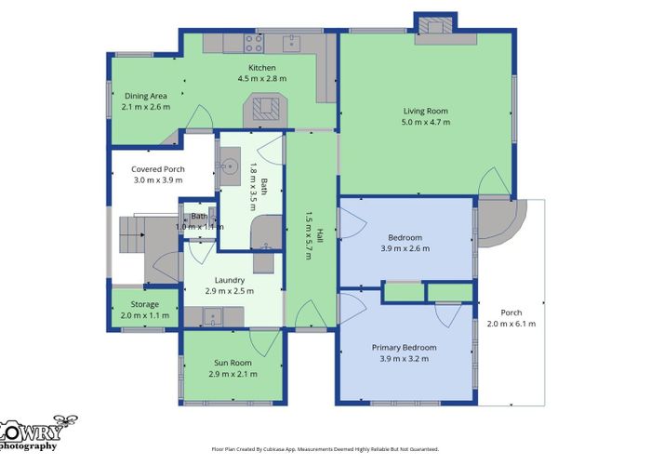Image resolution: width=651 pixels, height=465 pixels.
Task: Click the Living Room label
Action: (x=426, y=111)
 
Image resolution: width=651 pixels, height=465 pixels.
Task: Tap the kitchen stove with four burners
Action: (x=254, y=43)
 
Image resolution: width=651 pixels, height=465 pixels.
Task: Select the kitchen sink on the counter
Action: (x=291, y=43)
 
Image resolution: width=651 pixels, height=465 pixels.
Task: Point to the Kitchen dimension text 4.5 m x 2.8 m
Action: (x=262, y=78)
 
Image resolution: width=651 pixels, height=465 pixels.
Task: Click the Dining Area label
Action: (x=146, y=96)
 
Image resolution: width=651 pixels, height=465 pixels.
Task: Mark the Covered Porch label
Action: (x=158, y=169)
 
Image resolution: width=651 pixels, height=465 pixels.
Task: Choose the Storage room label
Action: (x=144, y=304)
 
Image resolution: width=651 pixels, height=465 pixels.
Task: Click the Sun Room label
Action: (x=232, y=363)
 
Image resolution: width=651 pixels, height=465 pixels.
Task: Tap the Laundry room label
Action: (x=229, y=280)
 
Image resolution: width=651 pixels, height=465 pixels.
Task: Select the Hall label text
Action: (x=320, y=236)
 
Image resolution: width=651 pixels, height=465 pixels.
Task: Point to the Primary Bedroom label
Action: (x=404, y=348)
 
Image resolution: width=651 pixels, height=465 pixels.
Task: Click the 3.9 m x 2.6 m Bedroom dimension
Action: (x=405, y=248)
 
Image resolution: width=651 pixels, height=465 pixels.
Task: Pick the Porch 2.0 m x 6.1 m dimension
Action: (x=511, y=324)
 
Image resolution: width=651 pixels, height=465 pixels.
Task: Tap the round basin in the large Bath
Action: (x=229, y=166)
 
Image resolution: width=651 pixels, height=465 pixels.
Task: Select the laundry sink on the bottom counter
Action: (x=212, y=317)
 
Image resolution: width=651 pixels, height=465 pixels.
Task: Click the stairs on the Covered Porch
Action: (x=132, y=234)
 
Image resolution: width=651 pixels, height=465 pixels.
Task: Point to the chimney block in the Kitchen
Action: (x=265, y=110)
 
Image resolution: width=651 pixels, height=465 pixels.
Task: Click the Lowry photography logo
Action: (x=35, y=433)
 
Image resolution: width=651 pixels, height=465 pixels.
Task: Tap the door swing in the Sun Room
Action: (x=261, y=342)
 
